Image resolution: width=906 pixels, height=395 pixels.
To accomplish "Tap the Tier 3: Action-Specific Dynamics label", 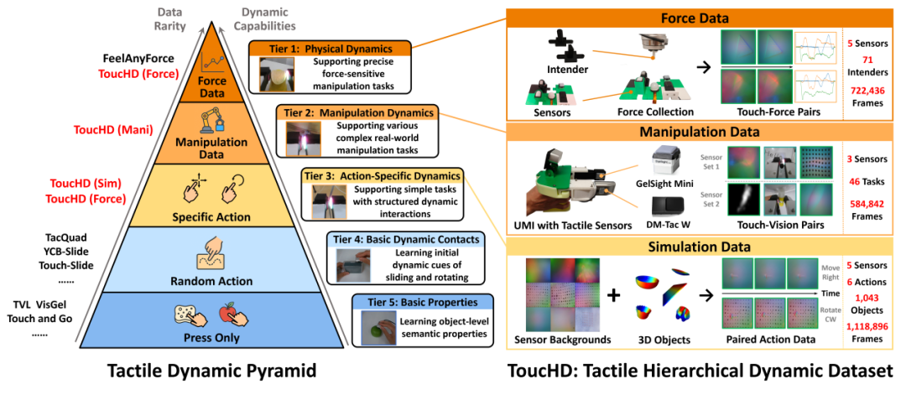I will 382,176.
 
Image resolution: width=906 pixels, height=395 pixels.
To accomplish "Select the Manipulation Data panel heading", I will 700,132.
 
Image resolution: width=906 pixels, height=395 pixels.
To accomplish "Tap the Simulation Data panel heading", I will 700,247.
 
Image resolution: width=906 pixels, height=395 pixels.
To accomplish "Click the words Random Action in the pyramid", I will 211,281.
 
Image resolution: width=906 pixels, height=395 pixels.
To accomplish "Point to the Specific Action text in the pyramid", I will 211,217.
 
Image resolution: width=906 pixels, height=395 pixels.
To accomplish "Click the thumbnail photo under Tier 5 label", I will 379,328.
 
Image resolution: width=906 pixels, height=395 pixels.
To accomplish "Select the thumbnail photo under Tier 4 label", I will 352,266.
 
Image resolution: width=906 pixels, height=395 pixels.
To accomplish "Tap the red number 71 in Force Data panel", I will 868,60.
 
